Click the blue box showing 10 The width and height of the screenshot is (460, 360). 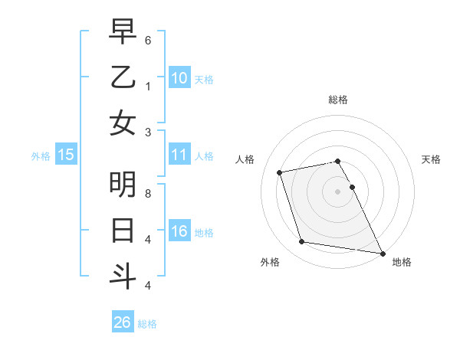coord(179,77)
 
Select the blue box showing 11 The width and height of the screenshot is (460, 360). coord(179,155)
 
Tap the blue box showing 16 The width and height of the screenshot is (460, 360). coord(179,231)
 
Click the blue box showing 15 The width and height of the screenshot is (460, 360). coord(66,155)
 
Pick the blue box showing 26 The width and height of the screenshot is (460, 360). coord(123,322)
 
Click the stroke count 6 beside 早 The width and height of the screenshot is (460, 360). coord(147,39)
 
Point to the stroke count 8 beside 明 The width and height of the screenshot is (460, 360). coord(147,193)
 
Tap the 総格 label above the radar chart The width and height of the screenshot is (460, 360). coord(337,100)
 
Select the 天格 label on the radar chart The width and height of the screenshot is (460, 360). coord(431,159)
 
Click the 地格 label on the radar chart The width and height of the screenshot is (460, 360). coord(402,262)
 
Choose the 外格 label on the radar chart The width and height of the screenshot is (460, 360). coord(270,262)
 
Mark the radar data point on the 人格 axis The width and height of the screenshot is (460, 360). coord(280,172)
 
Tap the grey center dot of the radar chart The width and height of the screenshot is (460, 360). coord(337,191)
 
